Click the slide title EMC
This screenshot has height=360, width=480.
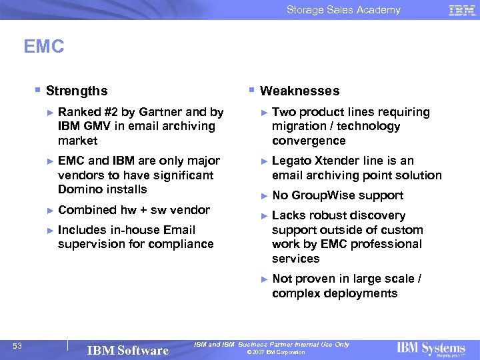click(x=44, y=47)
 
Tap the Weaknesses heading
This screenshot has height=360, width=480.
click(x=299, y=91)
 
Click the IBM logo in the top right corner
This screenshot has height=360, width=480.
click(x=462, y=10)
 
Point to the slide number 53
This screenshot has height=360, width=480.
click(x=17, y=345)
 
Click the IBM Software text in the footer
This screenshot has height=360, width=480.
click(x=128, y=351)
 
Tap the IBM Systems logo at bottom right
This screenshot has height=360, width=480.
click(x=431, y=349)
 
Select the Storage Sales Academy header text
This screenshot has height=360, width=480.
click(x=343, y=10)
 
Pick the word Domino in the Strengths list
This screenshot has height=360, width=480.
click(x=79, y=189)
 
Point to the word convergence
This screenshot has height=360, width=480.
click(x=309, y=141)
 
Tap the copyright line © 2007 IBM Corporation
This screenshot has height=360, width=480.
click(x=275, y=352)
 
